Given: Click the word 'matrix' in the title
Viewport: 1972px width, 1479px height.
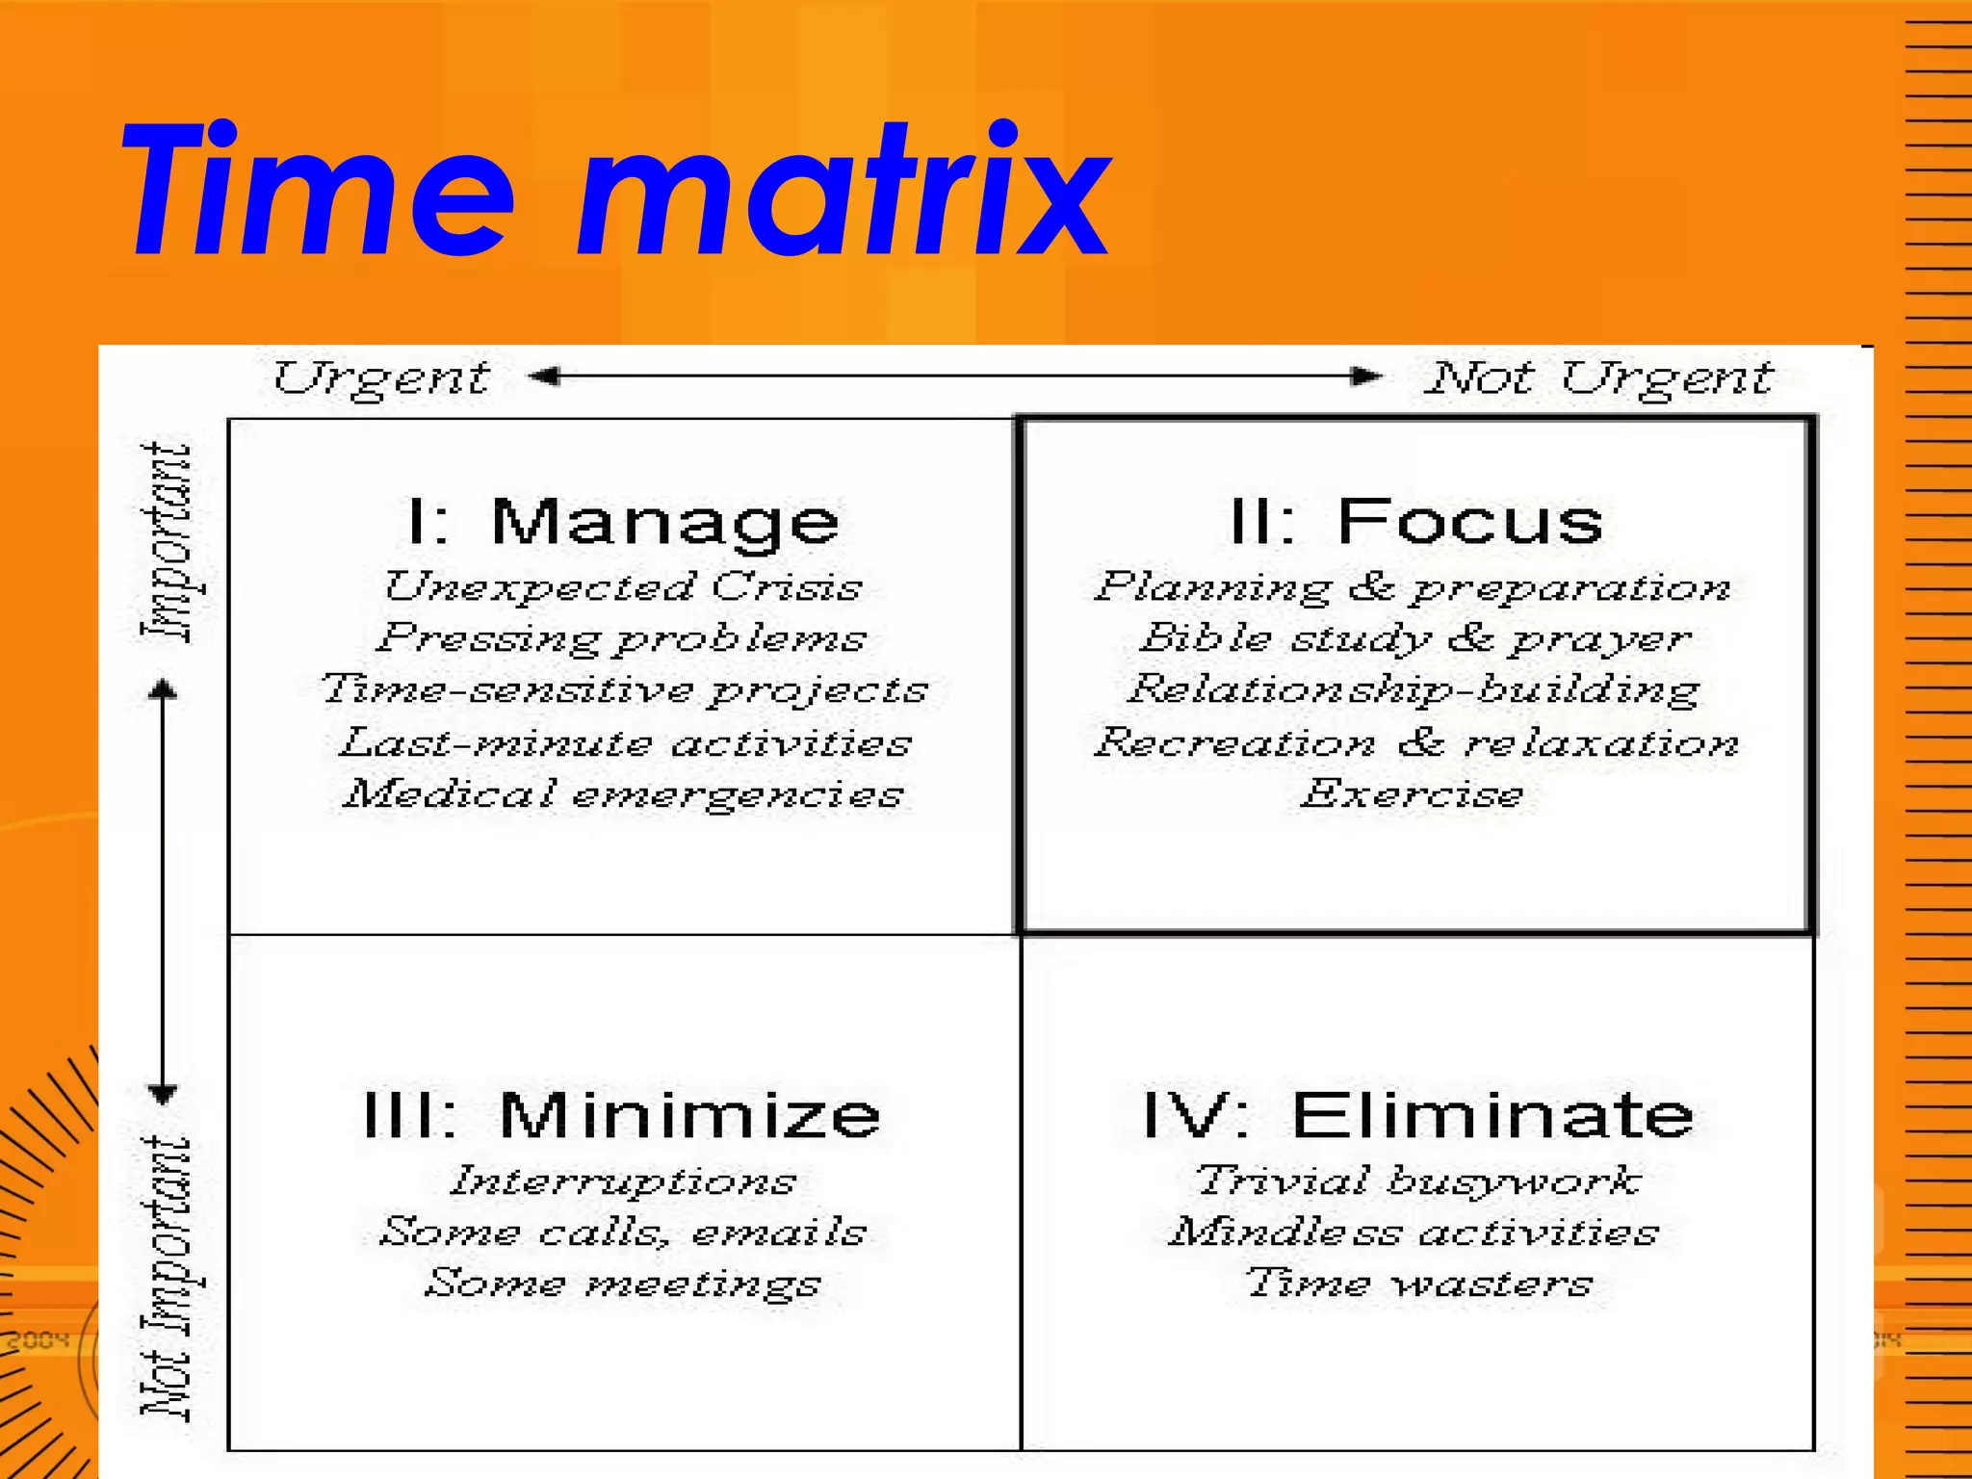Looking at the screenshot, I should coord(843,193).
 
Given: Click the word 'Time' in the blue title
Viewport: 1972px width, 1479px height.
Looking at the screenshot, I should coord(318,193).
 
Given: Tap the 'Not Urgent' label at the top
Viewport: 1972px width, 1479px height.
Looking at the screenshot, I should coord(1598,377).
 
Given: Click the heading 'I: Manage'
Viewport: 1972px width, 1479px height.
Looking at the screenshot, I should coord(623,522).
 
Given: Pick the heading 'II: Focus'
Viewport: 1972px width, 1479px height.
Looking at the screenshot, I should coord(1416,522).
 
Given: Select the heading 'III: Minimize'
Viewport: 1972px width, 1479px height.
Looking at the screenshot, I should coord(622,1115).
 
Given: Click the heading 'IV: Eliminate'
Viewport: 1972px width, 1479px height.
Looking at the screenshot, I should coord(1417,1115).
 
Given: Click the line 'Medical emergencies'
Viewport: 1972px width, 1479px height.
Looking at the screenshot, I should coord(624,795).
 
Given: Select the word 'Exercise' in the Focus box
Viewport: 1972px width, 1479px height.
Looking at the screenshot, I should coord(1413,795).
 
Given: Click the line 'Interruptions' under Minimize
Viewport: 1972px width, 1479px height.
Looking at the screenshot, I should coord(623,1181).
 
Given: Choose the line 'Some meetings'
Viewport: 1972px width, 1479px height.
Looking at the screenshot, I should coord(623,1284).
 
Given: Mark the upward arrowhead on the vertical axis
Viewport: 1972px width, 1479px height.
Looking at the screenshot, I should coord(163,688).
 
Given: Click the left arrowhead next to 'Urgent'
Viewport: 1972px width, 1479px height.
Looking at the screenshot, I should coord(545,376).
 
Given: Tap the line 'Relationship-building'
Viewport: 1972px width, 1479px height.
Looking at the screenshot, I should coord(1414,690).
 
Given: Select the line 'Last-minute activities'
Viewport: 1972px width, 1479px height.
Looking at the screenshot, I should coord(625,743).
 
